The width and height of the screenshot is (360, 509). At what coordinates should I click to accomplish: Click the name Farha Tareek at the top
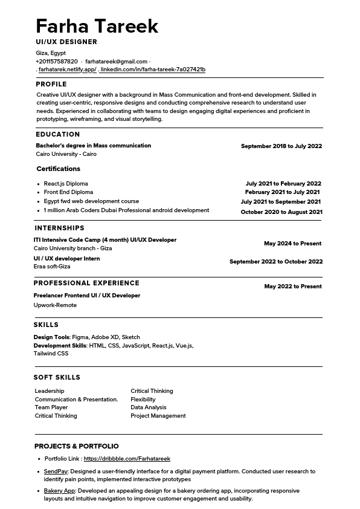tap(97, 26)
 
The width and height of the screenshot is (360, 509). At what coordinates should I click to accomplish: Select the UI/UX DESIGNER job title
tap(66, 42)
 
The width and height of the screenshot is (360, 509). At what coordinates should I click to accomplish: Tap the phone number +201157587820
tap(57, 62)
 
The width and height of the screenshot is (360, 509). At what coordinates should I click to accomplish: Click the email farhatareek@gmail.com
tap(116, 62)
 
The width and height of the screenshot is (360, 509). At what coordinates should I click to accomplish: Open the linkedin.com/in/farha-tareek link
tap(153, 70)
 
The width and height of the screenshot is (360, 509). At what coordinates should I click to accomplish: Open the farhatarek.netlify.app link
tap(67, 70)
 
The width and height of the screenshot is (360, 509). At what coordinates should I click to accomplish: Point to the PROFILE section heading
tap(51, 85)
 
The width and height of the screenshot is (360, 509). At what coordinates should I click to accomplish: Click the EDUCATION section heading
tap(58, 135)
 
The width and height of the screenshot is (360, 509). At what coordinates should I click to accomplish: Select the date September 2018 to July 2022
tap(281, 146)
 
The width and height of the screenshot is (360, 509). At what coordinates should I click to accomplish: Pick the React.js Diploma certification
tap(66, 184)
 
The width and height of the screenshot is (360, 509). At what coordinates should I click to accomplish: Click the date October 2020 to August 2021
tap(281, 212)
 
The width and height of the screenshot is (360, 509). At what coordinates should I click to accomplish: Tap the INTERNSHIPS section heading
tap(59, 229)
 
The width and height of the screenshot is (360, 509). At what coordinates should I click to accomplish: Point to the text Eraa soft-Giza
tap(52, 267)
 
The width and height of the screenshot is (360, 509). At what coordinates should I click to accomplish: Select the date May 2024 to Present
tap(292, 244)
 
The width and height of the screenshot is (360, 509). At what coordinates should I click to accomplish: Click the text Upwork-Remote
tap(55, 305)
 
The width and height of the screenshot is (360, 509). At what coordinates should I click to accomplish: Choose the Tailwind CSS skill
tap(51, 354)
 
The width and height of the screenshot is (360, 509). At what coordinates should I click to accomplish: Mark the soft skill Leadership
tap(50, 391)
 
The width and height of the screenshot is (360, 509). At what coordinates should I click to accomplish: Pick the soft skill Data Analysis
tap(149, 407)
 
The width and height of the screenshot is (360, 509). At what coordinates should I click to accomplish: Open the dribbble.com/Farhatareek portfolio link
tap(127, 459)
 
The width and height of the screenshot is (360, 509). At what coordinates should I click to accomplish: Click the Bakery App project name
tap(59, 491)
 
